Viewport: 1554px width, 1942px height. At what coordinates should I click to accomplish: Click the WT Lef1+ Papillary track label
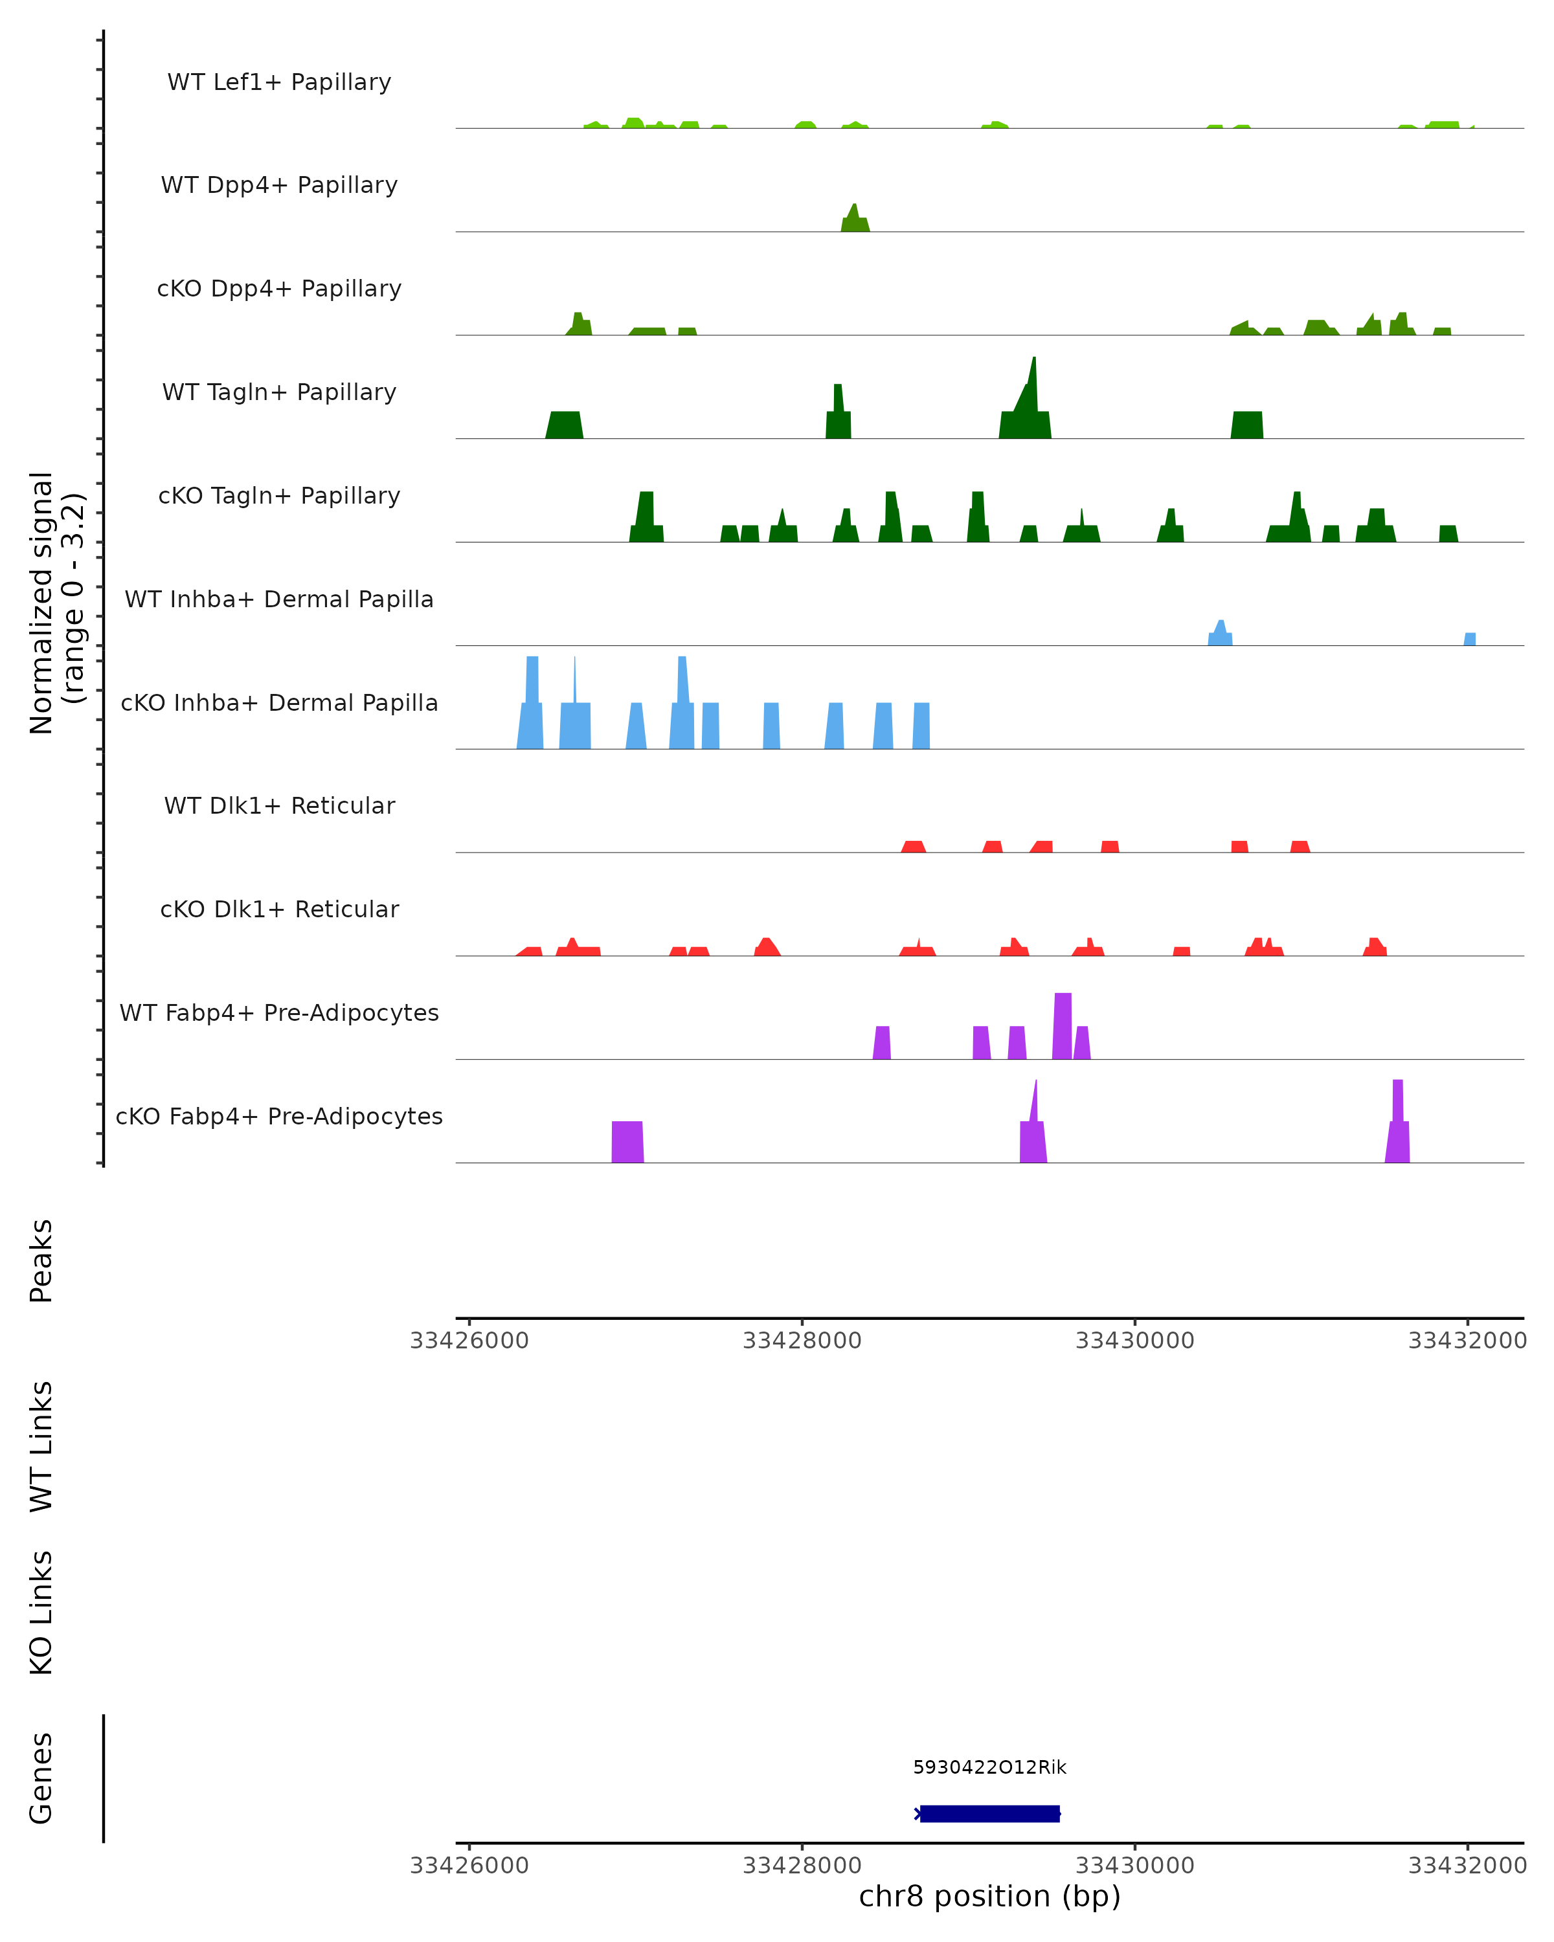point(279,82)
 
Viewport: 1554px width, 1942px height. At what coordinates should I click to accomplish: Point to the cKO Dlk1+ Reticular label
point(279,909)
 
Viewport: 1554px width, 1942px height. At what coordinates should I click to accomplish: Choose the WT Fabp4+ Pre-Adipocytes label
point(279,1012)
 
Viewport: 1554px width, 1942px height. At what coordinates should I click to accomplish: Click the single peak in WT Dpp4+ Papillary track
point(854,220)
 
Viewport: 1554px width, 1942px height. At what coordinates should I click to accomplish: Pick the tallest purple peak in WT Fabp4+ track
point(1062,1027)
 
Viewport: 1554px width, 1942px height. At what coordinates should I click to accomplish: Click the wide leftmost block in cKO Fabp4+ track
point(627,1141)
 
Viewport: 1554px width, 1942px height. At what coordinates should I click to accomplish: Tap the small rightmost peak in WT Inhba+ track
point(1469,639)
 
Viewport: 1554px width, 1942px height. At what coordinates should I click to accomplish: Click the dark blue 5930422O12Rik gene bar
point(989,1813)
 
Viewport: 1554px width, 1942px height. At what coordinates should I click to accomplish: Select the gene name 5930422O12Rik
point(989,1767)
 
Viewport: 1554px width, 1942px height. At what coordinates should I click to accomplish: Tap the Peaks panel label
point(41,1260)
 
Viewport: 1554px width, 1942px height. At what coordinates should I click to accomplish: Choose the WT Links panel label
point(41,1445)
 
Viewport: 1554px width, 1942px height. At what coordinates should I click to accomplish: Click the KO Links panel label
point(41,1613)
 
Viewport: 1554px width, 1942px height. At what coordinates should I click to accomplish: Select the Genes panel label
point(41,1778)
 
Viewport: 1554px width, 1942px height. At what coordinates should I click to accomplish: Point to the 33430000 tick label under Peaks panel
point(1134,1341)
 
